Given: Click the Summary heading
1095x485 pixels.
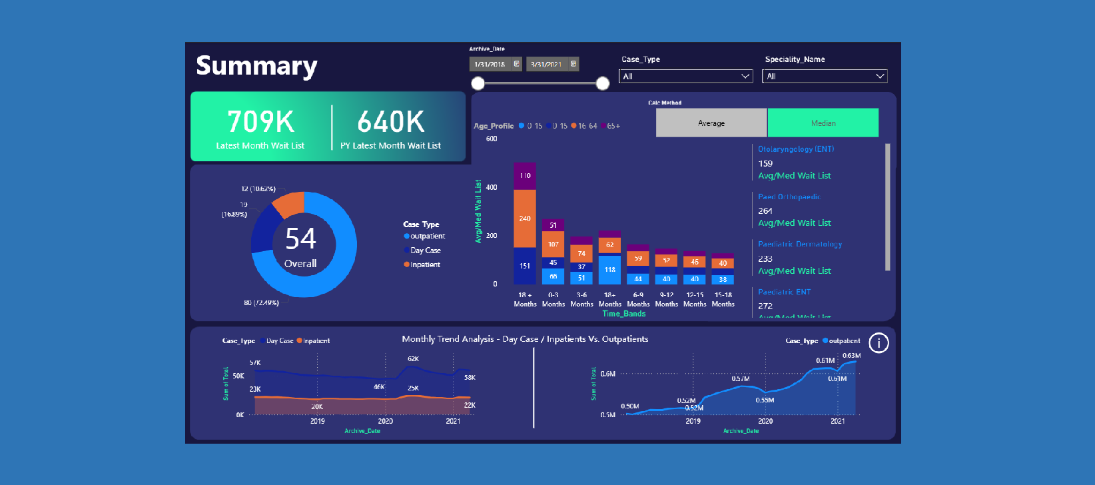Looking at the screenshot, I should [x=256, y=66].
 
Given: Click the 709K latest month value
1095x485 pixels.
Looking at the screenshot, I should [x=260, y=122].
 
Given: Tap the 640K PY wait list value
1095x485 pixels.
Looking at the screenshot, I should [x=390, y=122].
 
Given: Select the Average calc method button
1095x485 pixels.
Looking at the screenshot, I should [x=711, y=123].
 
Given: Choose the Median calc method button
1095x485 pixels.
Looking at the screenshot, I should [x=823, y=123].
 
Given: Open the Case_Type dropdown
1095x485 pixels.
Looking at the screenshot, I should [x=685, y=77].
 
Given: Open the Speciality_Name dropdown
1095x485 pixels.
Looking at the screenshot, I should [x=824, y=77].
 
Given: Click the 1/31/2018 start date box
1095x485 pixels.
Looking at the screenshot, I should [x=490, y=65].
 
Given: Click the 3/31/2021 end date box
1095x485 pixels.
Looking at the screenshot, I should [x=547, y=65].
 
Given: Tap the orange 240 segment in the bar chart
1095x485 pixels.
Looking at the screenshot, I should [x=525, y=219].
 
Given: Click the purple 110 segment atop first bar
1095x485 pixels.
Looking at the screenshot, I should [x=525, y=176].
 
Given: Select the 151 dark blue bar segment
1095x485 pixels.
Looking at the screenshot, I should [x=525, y=266].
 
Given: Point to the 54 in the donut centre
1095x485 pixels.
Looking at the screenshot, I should [x=300, y=239].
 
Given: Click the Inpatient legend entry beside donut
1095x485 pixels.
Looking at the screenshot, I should [x=425, y=264].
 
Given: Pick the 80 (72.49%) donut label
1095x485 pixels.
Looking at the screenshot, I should [x=261, y=302].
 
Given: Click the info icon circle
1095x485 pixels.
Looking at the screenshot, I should [x=879, y=343].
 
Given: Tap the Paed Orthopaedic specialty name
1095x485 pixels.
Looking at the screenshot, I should [x=789, y=197].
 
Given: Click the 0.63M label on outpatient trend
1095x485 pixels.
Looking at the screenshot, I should [x=851, y=356].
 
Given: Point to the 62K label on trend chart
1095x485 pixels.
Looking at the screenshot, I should [x=413, y=359].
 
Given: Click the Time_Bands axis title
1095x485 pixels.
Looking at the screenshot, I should [x=624, y=314].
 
